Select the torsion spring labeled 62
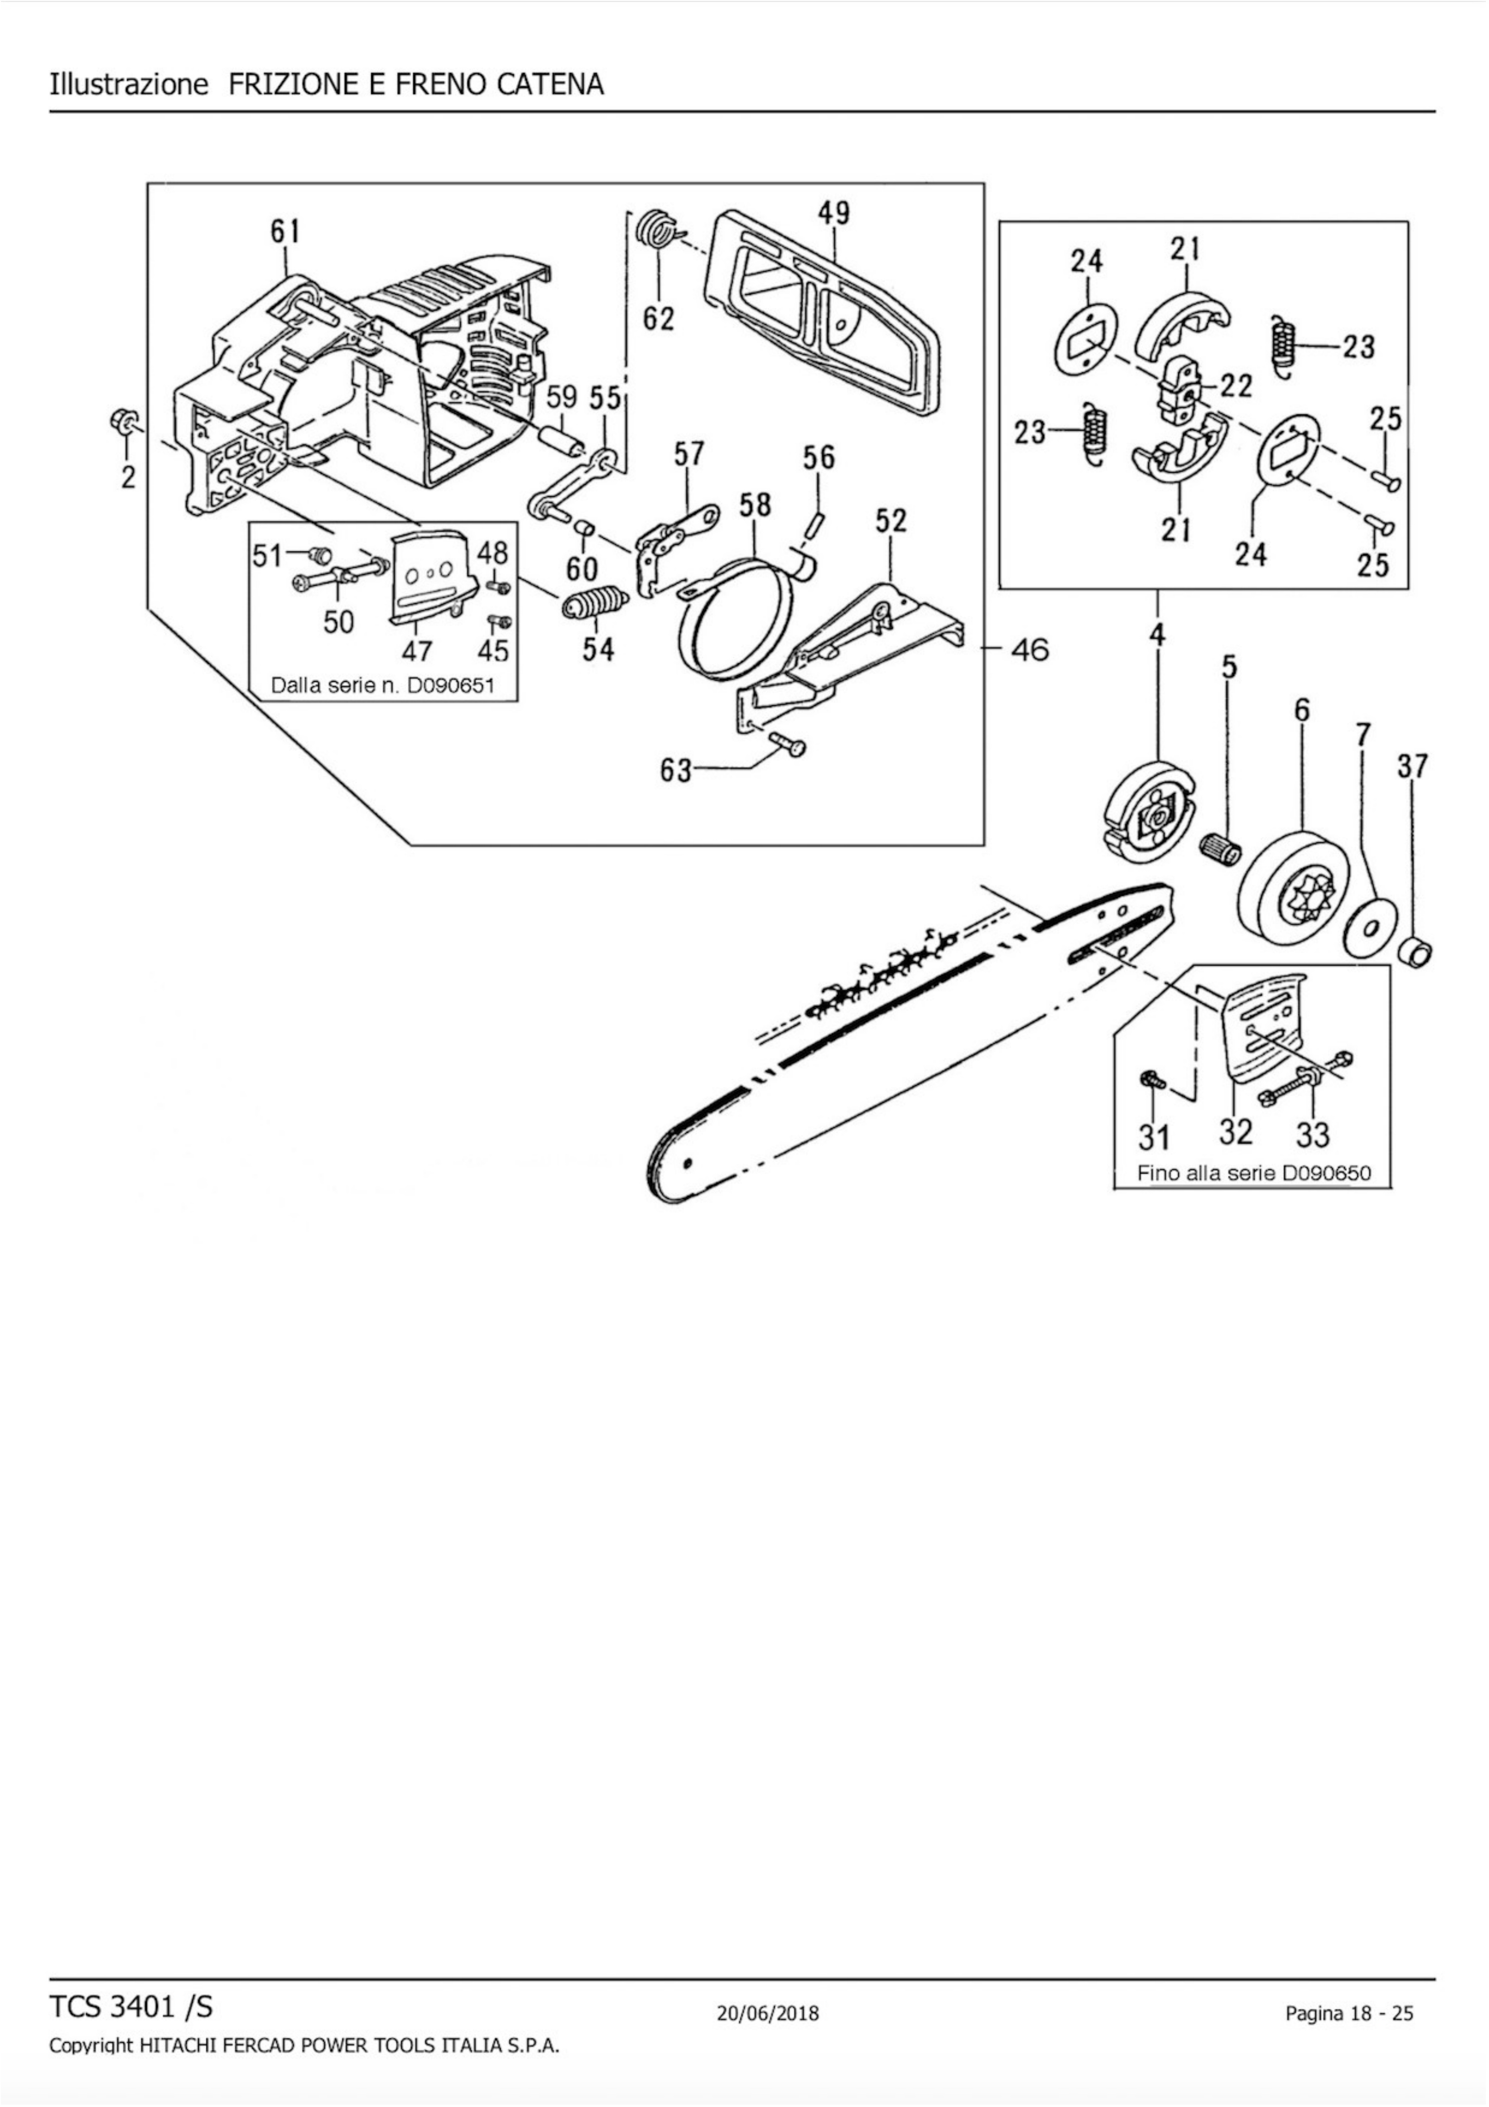(656, 231)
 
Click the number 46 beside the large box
(1029, 650)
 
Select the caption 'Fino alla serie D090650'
(1253, 1173)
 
